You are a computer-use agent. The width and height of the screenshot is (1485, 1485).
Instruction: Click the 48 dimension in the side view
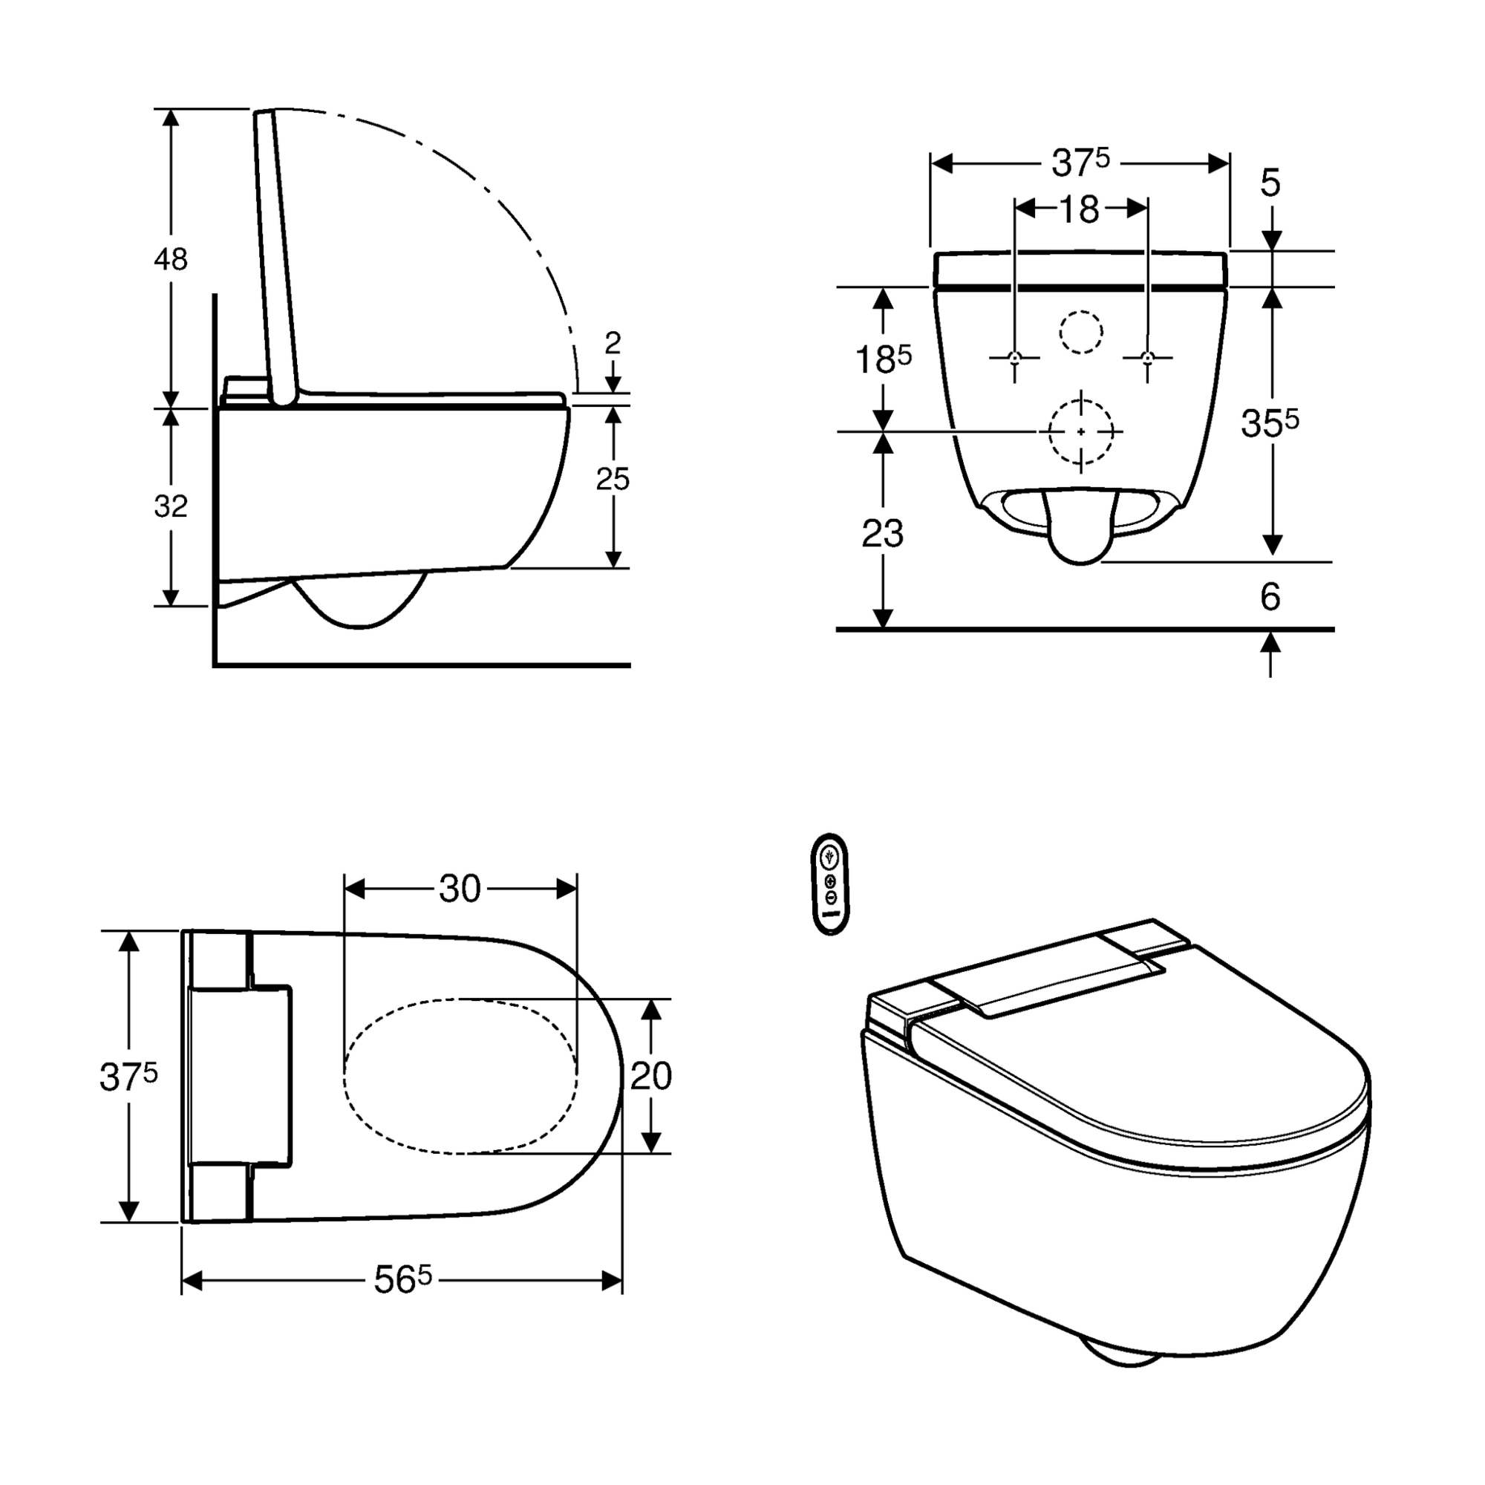[170, 260]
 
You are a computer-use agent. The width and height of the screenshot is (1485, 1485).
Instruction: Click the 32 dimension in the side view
[170, 506]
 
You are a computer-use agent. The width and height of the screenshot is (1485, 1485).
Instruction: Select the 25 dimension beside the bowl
[613, 479]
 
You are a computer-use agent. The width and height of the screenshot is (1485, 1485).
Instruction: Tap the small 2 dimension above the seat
[613, 343]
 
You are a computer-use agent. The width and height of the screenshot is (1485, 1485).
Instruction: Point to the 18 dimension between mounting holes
[1080, 209]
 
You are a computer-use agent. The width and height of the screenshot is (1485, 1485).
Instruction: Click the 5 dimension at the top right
[1270, 183]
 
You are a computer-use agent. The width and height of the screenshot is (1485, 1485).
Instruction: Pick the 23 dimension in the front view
[882, 533]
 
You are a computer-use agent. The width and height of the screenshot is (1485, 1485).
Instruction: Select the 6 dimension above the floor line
[1270, 596]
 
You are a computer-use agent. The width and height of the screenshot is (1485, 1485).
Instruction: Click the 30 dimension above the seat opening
[460, 890]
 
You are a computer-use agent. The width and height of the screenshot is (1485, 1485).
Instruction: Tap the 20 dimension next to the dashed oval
[651, 1076]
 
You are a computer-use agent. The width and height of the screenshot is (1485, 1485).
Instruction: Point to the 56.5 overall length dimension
[402, 1281]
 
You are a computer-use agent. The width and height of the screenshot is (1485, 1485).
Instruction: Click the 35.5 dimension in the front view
[1269, 422]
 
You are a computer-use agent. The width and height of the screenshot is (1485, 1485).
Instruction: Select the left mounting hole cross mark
[1014, 357]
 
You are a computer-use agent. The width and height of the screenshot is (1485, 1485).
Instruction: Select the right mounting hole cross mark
[1148, 357]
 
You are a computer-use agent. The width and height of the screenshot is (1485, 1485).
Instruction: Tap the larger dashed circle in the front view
[1080, 432]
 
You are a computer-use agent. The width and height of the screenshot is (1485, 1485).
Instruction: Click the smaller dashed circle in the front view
[1080, 332]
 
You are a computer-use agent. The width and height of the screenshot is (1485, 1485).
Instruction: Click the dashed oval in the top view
[460, 1076]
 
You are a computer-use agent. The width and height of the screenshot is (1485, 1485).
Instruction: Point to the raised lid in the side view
[275, 254]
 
